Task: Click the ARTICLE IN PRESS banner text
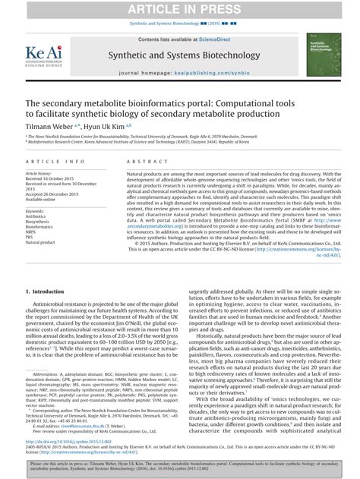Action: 180,8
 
